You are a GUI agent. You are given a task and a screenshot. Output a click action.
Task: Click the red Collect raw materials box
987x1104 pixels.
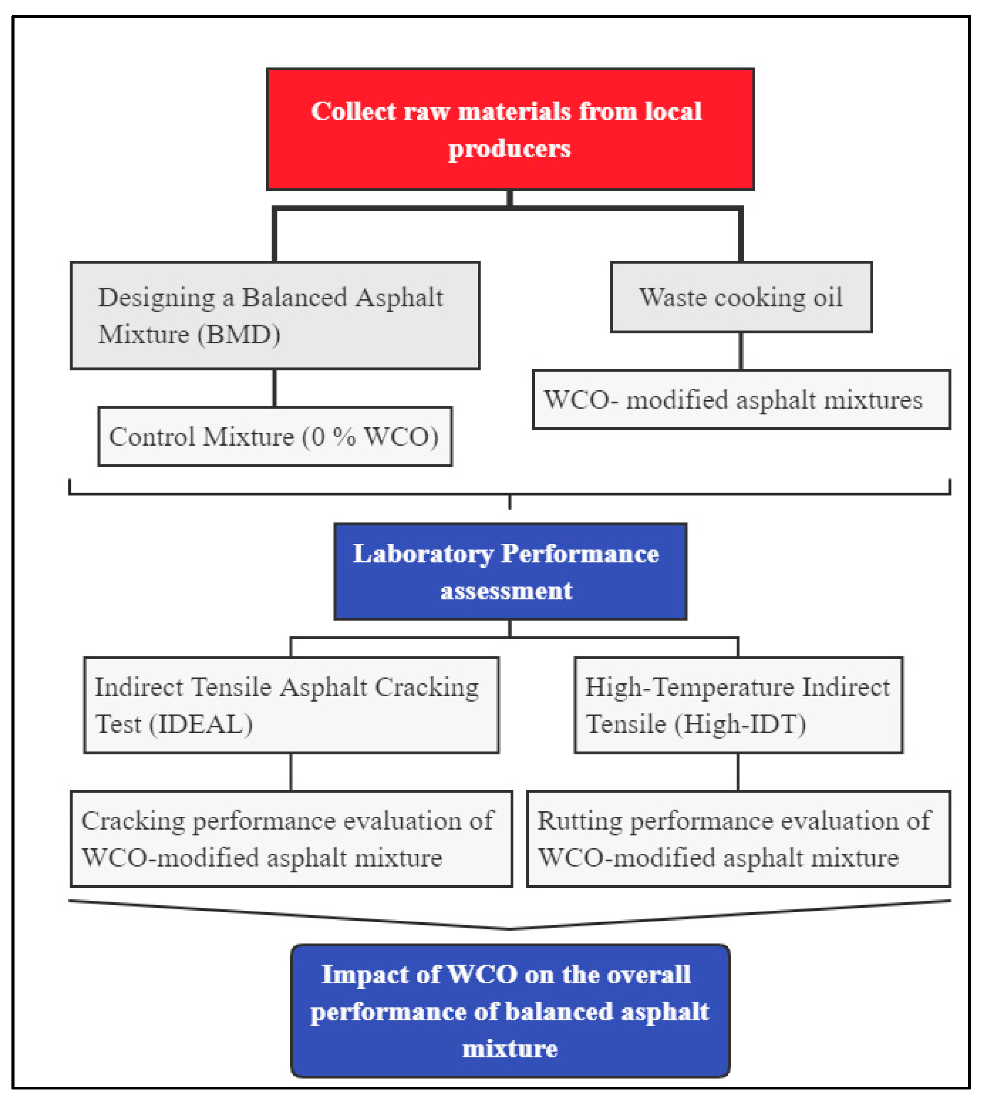click(x=510, y=129)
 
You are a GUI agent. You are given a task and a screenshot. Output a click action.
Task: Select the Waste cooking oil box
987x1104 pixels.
click(x=741, y=297)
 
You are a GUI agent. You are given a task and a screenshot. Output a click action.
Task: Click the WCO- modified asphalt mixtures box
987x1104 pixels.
click(x=741, y=399)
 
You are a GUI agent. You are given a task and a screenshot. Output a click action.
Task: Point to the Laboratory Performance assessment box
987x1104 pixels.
click(x=510, y=572)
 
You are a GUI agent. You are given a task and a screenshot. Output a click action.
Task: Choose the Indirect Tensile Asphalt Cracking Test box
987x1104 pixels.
click(x=291, y=705)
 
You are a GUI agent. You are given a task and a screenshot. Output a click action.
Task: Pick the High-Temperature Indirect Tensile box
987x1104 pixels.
click(x=738, y=705)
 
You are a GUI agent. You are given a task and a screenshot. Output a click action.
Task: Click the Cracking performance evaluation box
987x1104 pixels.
click(x=291, y=839)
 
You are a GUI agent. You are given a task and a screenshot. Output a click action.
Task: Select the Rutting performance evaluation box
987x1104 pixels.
click(x=738, y=839)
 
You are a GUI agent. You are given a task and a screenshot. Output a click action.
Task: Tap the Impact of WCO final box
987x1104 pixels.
click(x=510, y=1011)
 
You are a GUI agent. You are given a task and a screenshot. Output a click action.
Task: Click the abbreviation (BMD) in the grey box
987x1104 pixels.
click(x=239, y=335)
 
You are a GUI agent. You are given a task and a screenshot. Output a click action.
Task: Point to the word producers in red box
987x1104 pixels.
click(x=509, y=149)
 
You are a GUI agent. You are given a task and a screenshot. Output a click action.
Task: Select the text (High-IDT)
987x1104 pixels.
click(x=740, y=724)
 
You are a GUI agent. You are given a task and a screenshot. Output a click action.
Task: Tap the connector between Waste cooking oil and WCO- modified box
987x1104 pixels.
click(x=741, y=351)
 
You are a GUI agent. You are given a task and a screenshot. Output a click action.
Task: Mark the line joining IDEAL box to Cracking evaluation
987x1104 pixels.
click(x=291, y=772)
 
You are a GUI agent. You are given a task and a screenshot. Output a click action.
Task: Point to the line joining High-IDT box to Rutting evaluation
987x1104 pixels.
click(x=738, y=772)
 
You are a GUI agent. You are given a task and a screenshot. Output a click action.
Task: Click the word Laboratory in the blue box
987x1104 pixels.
click(x=423, y=554)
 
